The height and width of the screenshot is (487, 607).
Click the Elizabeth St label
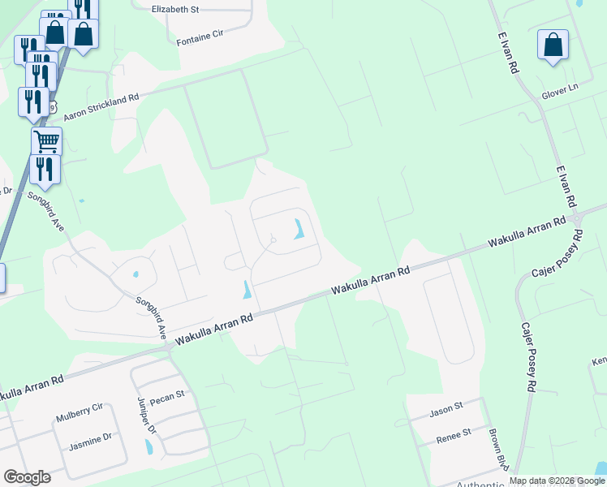[x=174, y=9]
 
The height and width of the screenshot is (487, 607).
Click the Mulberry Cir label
[x=80, y=418]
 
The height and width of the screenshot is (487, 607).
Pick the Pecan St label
[x=169, y=395]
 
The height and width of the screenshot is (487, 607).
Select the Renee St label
[x=455, y=433]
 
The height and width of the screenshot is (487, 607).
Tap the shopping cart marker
[x=46, y=141]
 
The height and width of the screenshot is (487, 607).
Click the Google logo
[x=27, y=477]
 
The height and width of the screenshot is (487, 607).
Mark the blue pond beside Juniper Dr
[x=148, y=446]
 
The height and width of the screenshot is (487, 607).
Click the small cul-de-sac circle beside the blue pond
[x=274, y=240]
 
